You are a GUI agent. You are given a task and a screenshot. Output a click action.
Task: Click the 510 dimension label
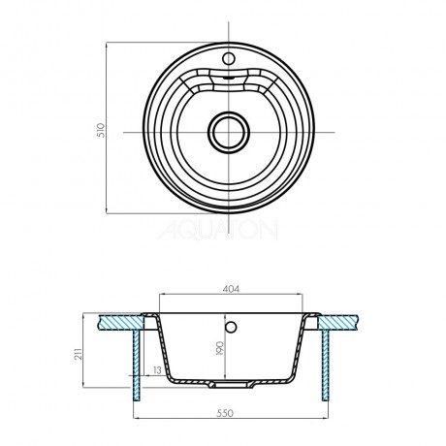101,130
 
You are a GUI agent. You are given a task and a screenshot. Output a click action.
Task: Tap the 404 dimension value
231,289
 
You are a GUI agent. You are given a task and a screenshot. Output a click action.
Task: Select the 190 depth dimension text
220,348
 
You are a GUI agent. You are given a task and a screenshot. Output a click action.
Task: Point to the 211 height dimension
79,353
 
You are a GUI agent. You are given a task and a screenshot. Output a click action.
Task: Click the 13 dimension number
157,370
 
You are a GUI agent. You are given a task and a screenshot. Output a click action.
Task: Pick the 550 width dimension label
225,413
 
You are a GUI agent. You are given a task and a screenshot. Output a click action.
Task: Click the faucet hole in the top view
229,58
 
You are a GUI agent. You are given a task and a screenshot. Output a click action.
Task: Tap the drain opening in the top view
229,133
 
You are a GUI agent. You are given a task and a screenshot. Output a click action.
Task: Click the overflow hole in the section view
231,328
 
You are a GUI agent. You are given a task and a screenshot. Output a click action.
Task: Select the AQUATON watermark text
217,230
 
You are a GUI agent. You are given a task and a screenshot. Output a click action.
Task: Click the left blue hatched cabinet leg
137,366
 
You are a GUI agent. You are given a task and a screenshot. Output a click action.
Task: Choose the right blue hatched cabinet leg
325,366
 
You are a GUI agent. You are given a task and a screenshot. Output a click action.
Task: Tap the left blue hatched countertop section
120,322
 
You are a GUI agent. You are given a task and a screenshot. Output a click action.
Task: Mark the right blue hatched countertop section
337,322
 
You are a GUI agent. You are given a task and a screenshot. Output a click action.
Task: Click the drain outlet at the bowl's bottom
231,384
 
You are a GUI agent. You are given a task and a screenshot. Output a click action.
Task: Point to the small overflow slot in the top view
229,78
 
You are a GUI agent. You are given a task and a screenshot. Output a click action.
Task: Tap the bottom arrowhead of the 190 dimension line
225,375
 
